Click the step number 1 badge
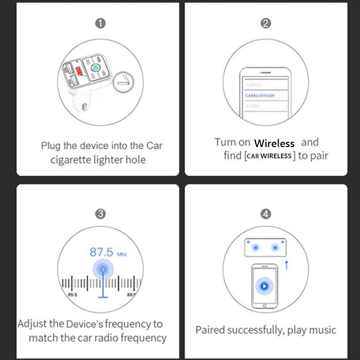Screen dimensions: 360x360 [x=100, y=24]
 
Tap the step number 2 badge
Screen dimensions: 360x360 [x=265, y=24]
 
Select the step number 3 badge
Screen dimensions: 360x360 [x=100, y=214]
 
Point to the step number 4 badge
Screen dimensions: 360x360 [x=265, y=214]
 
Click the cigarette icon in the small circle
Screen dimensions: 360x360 [x=123, y=82]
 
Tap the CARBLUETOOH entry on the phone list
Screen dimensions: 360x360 [x=260, y=96]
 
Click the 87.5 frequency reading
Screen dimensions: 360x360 [x=101, y=252]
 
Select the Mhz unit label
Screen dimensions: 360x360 [x=122, y=254]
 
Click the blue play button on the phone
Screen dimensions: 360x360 [x=264, y=286]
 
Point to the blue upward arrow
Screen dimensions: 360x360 [x=287, y=265]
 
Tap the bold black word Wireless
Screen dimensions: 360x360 [x=274, y=143]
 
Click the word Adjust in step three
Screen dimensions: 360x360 [x=32, y=324]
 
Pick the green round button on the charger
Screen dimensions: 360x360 [x=96, y=67]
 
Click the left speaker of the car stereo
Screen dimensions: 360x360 [x=256, y=247]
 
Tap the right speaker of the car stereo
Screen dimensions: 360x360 [x=275, y=247]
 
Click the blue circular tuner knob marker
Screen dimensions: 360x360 [x=103, y=269]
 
